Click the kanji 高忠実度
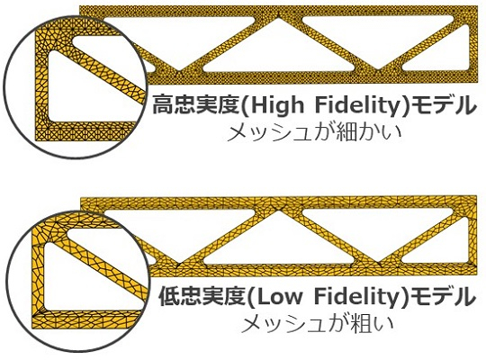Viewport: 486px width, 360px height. point(196,105)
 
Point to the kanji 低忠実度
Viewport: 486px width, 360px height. point(203,296)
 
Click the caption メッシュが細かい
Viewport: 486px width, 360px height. point(315,132)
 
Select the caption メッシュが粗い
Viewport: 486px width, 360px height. point(317,323)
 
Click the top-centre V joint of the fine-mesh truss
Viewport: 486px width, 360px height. point(279,17)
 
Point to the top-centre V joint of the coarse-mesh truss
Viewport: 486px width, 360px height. point(279,209)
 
